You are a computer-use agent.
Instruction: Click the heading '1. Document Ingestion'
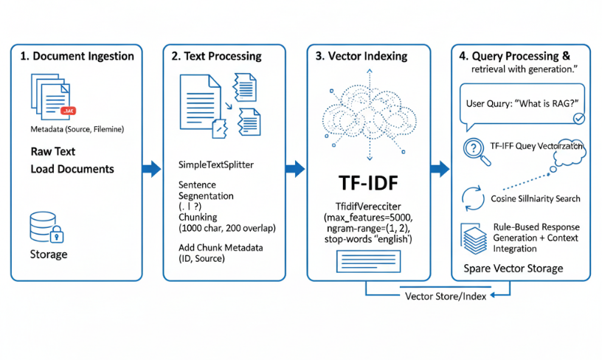(77, 56)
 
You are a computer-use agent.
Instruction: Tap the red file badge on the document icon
(68, 110)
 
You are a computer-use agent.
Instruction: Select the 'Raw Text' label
(52, 151)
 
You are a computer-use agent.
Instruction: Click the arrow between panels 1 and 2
(151, 169)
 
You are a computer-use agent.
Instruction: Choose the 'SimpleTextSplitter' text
(216, 165)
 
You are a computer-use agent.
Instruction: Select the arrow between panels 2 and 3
(295, 169)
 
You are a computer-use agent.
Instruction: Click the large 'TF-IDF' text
(367, 184)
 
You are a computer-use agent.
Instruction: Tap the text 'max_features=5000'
(367, 219)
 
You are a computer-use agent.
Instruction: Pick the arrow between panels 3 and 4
(440, 169)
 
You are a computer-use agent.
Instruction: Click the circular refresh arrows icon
(471, 197)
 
